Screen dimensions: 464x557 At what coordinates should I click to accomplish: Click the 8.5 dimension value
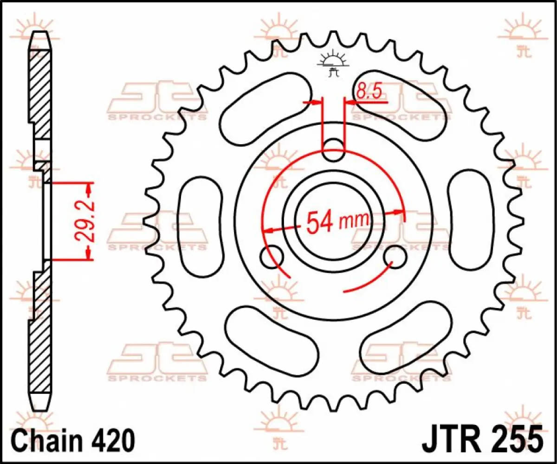[369, 91]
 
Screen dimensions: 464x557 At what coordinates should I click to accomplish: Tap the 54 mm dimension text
[338, 222]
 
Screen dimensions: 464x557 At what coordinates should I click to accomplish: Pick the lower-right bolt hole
[395, 257]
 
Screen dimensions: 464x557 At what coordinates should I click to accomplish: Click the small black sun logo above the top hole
[332, 63]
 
